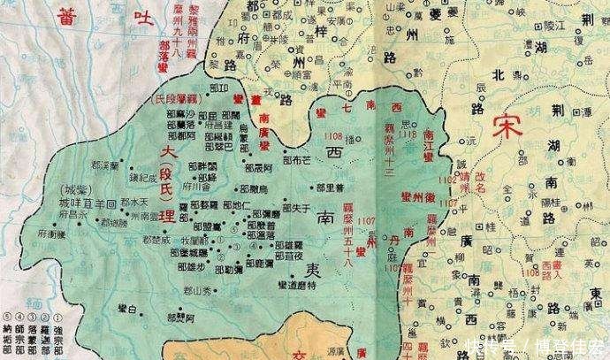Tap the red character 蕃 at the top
tap(63, 16)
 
